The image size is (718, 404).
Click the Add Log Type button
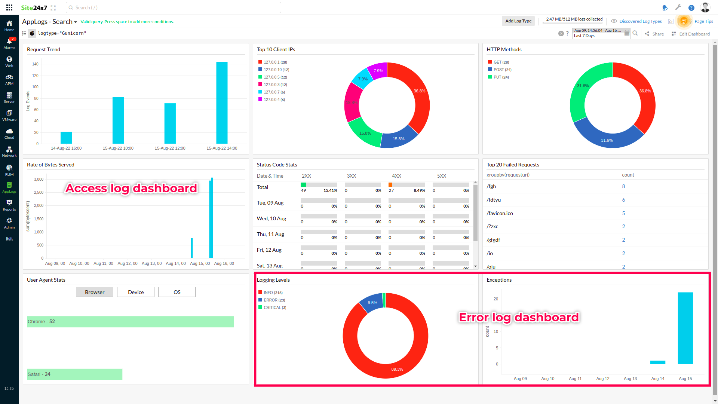click(518, 21)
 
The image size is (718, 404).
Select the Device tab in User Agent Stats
click(135, 292)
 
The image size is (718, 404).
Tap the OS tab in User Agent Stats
click(177, 292)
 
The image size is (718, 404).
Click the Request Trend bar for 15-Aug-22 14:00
click(222, 103)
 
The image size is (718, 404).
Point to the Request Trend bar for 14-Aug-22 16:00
click(66, 138)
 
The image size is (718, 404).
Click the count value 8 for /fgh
click(623, 186)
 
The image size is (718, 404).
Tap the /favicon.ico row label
click(500, 213)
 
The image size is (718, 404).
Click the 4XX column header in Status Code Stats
click(396, 176)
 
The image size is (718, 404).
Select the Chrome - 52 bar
click(130, 322)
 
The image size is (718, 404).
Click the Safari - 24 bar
click(74, 374)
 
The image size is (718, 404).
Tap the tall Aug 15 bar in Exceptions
click(685, 328)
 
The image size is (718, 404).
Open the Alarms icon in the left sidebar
click(9, 43)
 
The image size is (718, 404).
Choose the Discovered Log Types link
click(640, 21)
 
